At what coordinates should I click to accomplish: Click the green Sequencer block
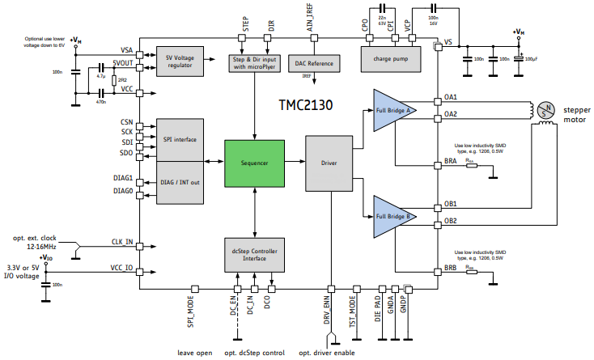255,163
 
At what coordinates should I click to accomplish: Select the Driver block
329,163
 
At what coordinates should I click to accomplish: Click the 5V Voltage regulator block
179,61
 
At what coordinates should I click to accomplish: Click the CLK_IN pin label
123,242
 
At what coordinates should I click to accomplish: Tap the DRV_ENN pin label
330,307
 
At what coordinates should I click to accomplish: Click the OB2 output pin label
451,220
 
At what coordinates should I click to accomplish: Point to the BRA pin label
451,161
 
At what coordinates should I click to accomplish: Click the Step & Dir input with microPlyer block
255,62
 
